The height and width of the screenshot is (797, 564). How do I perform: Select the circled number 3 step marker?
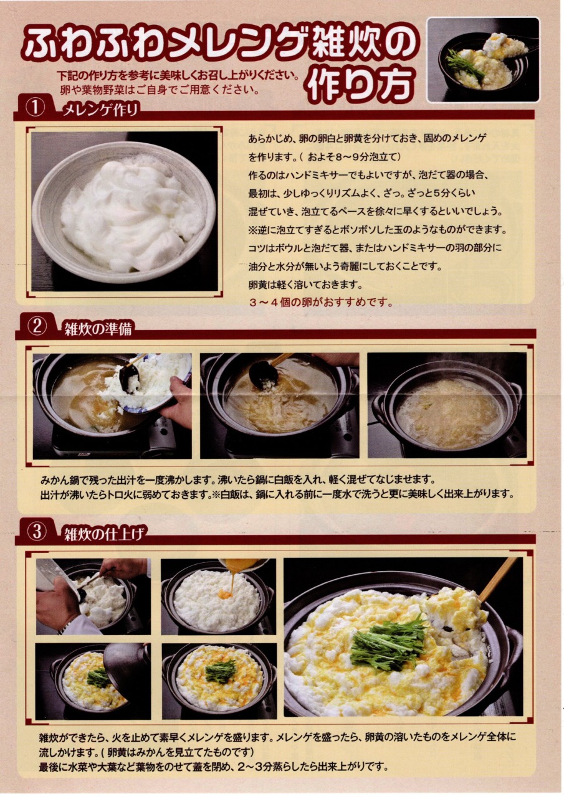[x=37, y=532]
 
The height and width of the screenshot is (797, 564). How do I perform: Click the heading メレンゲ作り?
[x=100, y=111]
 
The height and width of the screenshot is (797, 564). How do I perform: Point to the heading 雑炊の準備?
[x=98, y=329]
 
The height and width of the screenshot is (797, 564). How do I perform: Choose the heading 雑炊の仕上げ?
[x=105, y=534]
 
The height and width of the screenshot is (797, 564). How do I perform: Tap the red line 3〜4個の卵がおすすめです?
[x=321, y=303]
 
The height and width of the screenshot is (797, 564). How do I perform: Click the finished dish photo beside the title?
[x=483, y=60]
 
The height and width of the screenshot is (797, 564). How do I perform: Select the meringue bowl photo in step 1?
[x=124, y=211]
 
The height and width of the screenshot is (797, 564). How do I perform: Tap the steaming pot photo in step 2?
[x=446, y=405]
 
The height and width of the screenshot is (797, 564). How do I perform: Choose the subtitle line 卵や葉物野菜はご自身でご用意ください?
[x=160, y=89]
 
